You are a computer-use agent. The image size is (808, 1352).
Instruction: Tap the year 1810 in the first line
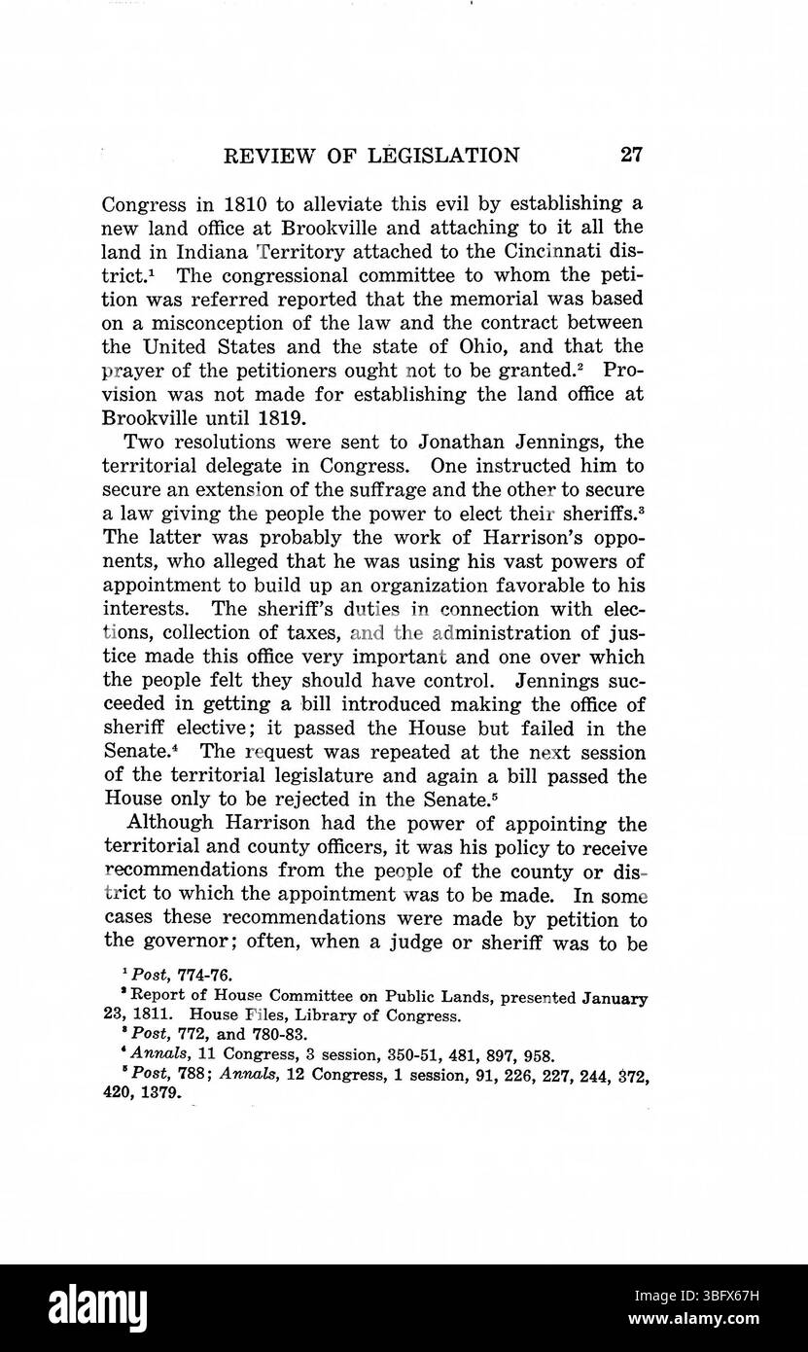(228, 203)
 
